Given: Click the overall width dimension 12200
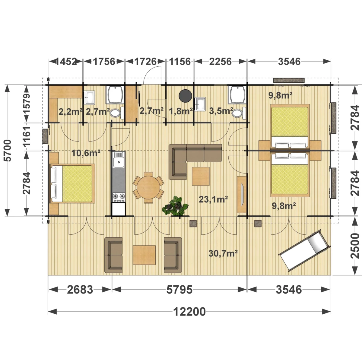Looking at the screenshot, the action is [189, 312].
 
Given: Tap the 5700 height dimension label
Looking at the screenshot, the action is [8, 151].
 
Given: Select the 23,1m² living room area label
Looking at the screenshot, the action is [213, 199].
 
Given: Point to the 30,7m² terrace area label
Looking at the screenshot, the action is [223, 253].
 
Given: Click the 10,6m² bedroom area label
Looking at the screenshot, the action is [86, 153].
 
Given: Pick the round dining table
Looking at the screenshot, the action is [148, 187].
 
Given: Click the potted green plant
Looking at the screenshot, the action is [175, 206].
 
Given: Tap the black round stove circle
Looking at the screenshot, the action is [185, 96].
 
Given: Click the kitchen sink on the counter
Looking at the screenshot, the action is [119, 160].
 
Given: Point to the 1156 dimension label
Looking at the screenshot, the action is [180, 62].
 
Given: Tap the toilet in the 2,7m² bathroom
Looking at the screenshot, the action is [116, 113].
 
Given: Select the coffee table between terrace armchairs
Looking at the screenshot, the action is [144, 255].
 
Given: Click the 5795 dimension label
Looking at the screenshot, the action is [179, 290].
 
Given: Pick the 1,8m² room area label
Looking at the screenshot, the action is [181, 111].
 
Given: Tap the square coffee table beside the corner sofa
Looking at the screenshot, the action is [201, 176].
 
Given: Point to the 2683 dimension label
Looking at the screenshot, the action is [80, 290].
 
